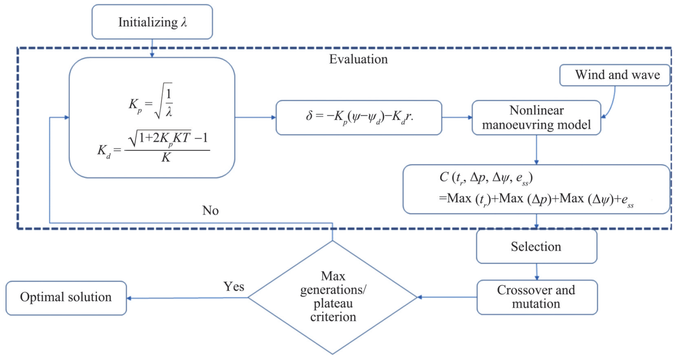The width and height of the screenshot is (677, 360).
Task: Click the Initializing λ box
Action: pyautogui.click(x=152, y=21)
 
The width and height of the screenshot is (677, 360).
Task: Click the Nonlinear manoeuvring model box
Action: pyautogui.click(x=537, y=118)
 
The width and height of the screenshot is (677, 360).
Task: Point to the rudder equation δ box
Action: pyautogui.click(x=359, y=118)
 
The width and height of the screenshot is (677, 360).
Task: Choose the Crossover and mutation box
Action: pyautogui.click(x=537, y=297)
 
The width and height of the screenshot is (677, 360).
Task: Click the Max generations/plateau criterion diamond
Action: pyautogui.click(x=332, y=297)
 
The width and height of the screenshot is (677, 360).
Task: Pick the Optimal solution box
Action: pyautogui.click(x=65, y=297)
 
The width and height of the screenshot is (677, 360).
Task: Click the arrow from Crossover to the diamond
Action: pyautogui.click(x=446, y=297)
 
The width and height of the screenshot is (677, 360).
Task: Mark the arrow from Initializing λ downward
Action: pyautogui.click(x=152, y=48)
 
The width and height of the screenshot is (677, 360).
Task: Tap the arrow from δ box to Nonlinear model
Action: pyautogui.click(x=457, y=118)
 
